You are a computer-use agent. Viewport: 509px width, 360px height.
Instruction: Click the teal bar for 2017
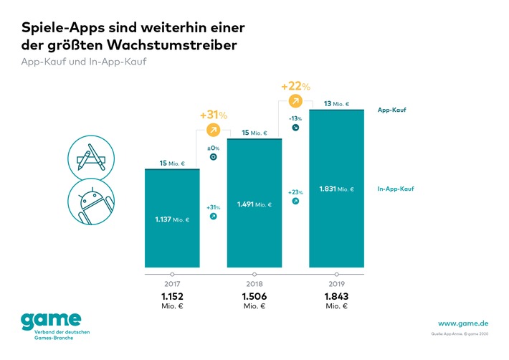coord(172,219)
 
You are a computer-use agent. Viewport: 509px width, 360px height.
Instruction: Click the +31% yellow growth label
coord(213,115)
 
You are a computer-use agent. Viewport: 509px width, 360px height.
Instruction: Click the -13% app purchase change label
coord(295,118)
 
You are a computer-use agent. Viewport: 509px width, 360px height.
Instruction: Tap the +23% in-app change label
coord(295,192)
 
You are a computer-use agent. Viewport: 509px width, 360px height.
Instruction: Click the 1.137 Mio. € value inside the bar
coord(172,219)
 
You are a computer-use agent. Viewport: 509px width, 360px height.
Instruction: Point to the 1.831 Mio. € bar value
coord(336,189)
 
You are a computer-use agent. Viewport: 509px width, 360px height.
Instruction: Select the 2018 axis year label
coord(255,284)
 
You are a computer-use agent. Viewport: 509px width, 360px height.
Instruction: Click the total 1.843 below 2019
coord(336,296)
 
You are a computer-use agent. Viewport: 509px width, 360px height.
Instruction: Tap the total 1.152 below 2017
coord(172,296)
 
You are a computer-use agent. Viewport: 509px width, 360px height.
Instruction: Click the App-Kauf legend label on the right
coord(393,110)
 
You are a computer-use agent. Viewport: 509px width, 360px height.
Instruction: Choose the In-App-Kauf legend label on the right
coord(396,189)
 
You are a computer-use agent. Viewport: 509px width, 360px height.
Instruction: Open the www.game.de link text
coord(463,323)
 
